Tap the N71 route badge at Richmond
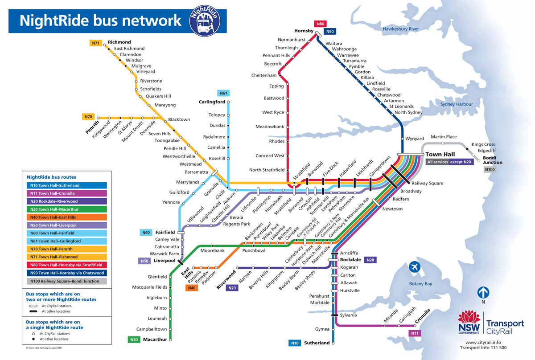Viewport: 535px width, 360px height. pyautogui.click(x=95, y=43)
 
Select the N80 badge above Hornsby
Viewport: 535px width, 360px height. pyautogui.click(x=320, y=24)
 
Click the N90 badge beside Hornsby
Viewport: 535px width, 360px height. pyautogui.click(x=330, y=32)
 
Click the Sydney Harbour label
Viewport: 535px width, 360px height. pyautogui.click(x=457, y=104)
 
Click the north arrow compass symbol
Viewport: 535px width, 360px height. pyautogui.click(x=484, y=293)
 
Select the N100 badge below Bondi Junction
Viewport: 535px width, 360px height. pyautogui.click(x=490, y=170)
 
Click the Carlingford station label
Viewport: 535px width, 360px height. pyautogui.click(x=212, y=102)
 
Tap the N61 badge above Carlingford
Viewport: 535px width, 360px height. pyautogui.click(x=223, y=93)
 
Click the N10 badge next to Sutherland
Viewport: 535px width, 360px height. pyautogui.click(x=295, y=343)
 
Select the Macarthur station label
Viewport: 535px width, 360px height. pyautogui.click(x=155, y=340)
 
